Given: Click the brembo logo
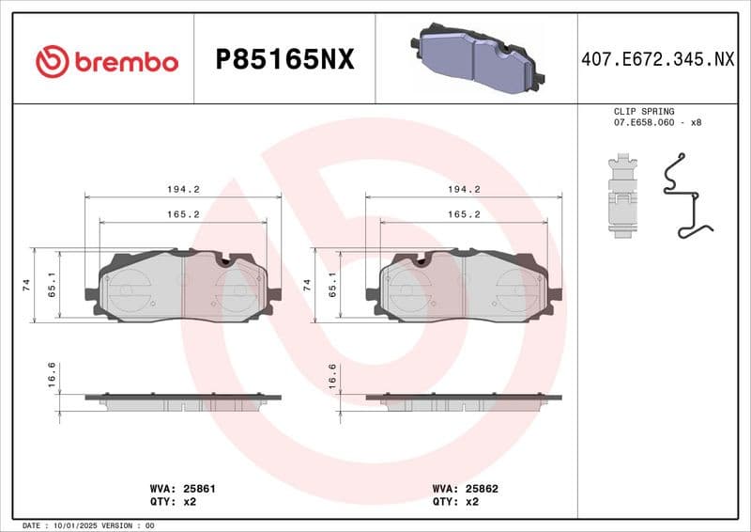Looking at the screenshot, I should [106, 61].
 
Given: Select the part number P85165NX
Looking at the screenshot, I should [284, 60].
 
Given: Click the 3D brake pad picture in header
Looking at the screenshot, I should [476, 58].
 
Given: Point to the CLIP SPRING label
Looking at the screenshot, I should [643, 111].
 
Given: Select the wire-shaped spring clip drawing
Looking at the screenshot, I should [686, 199].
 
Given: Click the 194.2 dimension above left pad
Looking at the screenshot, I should [183, 189].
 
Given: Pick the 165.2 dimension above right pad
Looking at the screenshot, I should [464, 214].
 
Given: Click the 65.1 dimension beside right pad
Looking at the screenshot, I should [332, 285].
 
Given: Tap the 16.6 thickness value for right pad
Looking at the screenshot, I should [331, 373].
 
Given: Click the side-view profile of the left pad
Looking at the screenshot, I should [183, 401].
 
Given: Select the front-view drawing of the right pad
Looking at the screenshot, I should [464, 287].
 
